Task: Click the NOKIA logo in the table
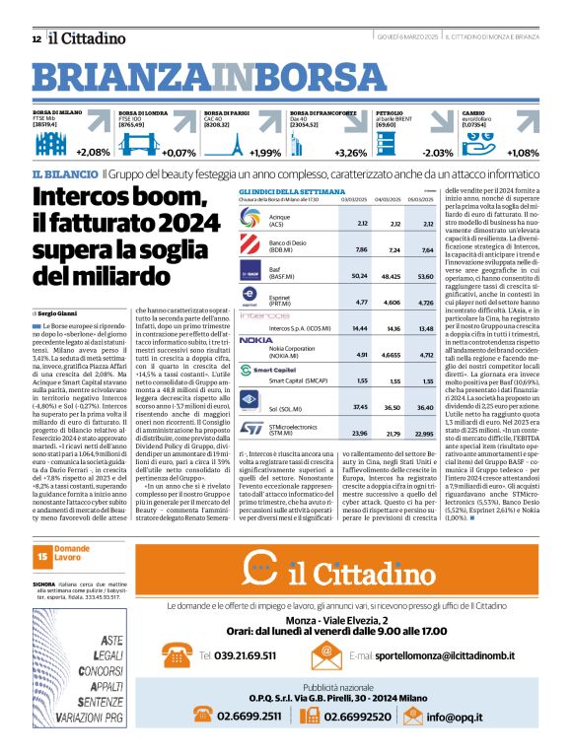tap(255, 339)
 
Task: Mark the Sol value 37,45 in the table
tap(361, 407)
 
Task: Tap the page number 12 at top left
tap(36, 38)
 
